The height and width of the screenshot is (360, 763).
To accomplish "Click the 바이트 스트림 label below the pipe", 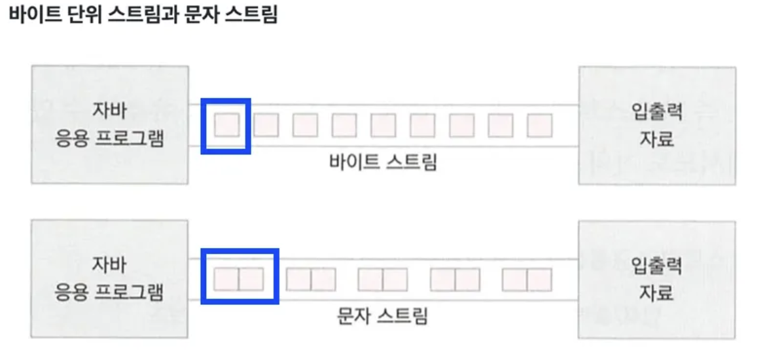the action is point(383,162).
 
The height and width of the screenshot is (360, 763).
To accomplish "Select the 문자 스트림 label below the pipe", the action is point(383,317).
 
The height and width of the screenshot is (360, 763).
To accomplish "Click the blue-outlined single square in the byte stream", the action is point(226,124).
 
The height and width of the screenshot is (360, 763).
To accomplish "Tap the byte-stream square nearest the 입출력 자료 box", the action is point(540,124).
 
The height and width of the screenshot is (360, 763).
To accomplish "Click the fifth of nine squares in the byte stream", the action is point(383,124).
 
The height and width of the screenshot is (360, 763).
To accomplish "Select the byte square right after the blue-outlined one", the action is point(266,124).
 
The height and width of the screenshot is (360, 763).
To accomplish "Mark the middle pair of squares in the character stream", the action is point(383,280).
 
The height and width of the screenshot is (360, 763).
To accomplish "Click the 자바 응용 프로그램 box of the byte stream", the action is point(109,124).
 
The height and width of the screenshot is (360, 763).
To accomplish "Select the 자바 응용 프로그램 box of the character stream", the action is point(109,279).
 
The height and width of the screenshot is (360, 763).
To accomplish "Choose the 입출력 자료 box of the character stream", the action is point(656,279).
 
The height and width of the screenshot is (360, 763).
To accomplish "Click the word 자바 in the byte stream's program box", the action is point(109,111).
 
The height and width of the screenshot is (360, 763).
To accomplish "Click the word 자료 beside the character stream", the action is point(656,292).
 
